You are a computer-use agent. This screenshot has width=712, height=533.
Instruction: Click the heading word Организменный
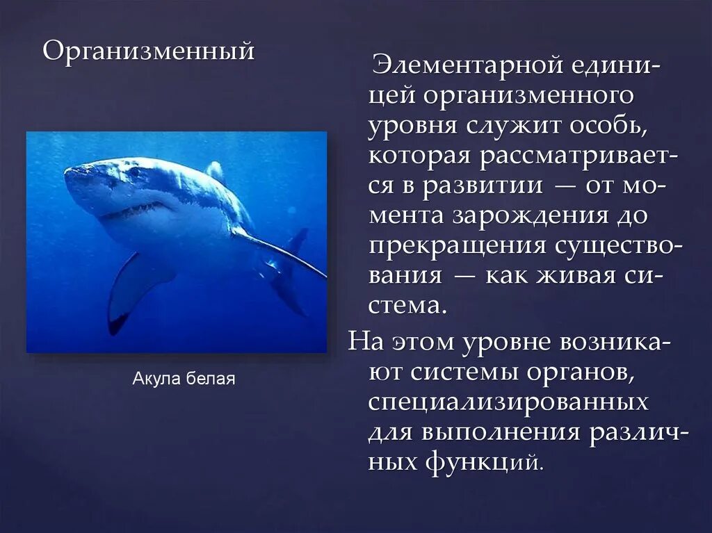coord(149,51)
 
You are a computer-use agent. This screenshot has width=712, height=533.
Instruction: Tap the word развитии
coord(489,186)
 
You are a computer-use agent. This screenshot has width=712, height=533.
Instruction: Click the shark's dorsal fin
coord(216,171)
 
